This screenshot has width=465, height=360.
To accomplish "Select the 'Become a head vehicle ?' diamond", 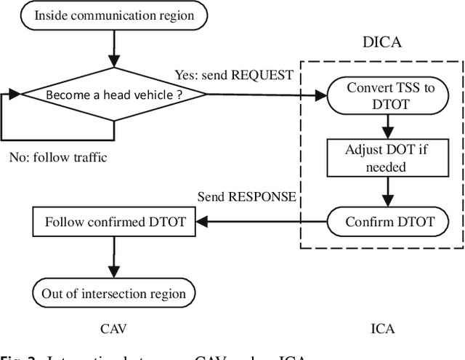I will tap(115, 95).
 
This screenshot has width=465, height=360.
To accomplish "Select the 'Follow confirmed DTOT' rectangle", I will tap(115, 222).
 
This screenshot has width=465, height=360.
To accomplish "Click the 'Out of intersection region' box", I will tap(115, 294).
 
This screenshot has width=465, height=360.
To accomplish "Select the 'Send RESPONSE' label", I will tap(247, 197).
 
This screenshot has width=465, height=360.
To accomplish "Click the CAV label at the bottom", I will tap(115, 329).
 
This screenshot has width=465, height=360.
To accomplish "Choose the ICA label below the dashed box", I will tap(382, 329).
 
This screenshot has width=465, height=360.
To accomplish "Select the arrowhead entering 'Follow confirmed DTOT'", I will tap(203, 222).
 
